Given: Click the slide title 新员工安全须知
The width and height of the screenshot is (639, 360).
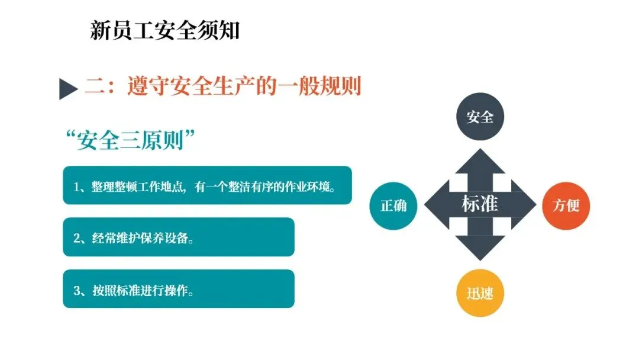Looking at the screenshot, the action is click(x=164, y=30).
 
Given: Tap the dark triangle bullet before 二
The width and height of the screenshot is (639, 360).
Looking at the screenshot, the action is click(x=69, y=89).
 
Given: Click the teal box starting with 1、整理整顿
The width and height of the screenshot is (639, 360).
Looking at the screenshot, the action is click(x=207, y=185).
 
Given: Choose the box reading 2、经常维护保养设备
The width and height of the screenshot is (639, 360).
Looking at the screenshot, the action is click(x=178, y=237).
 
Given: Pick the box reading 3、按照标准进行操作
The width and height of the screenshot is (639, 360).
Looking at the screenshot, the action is click(x=178, y=289).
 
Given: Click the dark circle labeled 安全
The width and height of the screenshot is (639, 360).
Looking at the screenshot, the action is click(x=479, y=117).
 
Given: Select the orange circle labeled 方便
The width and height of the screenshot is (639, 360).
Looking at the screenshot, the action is click(x=566, y=205).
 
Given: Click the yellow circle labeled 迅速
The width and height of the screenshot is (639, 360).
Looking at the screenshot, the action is click(x=479, y=293).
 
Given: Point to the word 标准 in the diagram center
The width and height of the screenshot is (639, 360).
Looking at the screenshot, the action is click(x=479, y=204).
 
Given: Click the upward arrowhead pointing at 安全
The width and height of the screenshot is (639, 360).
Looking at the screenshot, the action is click(x=479, y=162).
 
